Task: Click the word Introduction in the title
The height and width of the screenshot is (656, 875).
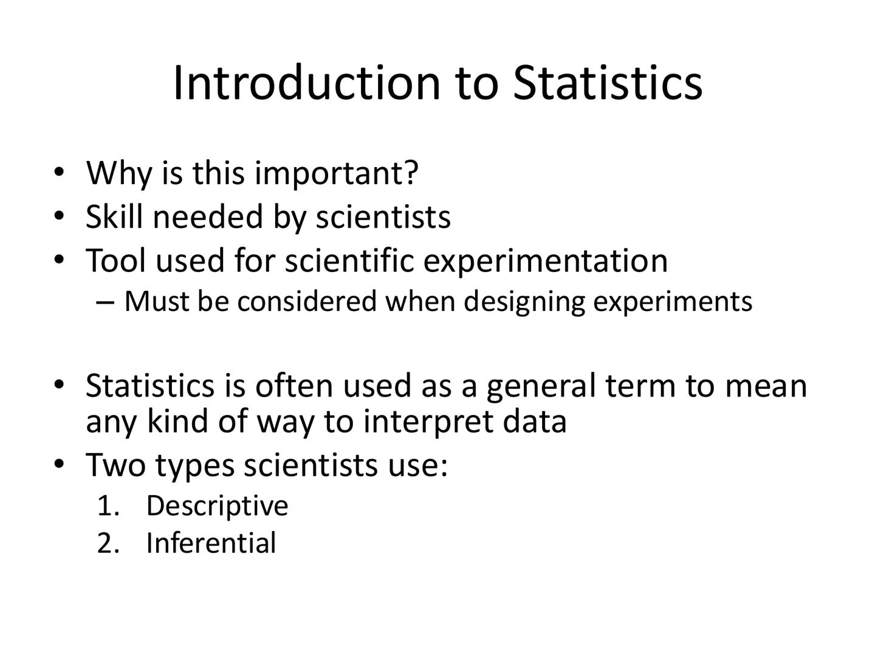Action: pyautogui.click(x=306, y=83)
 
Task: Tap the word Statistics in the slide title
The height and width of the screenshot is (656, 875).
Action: pyautogui.click(x=608, y=83)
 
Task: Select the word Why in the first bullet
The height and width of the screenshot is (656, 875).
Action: pyautogui.click(x=118, y=173)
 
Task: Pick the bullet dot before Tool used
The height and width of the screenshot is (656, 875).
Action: pyautogui.click(x=58, y=259)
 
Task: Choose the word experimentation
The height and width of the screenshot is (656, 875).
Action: pyautogui.click(x=545, y=261)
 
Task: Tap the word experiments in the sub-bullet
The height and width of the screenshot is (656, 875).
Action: pyautogui.click(x=673, y=302)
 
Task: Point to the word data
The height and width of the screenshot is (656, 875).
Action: pyautogui.click(x=535, y=421)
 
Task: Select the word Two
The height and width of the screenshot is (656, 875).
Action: pyautogui.click(x=116, y=465)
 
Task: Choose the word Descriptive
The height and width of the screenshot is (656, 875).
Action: pyautogui.click(x=217, y=505)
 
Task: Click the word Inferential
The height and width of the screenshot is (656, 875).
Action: pyautogui.click(x=211, y=543)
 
